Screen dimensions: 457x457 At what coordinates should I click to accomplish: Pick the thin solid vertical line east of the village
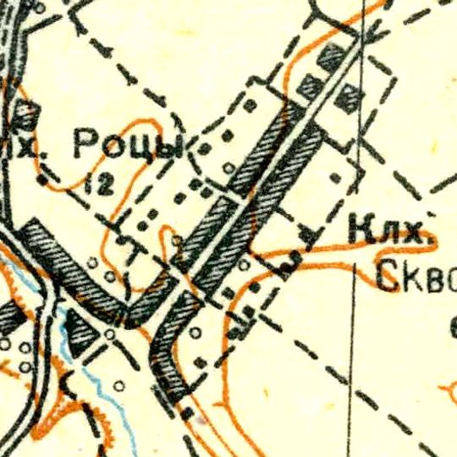click(354, 339)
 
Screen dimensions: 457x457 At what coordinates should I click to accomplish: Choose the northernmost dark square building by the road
click(331, 58)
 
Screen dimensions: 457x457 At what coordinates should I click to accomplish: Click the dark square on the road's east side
click(345, 102)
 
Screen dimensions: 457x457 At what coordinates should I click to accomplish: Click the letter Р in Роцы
click(84, 145)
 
